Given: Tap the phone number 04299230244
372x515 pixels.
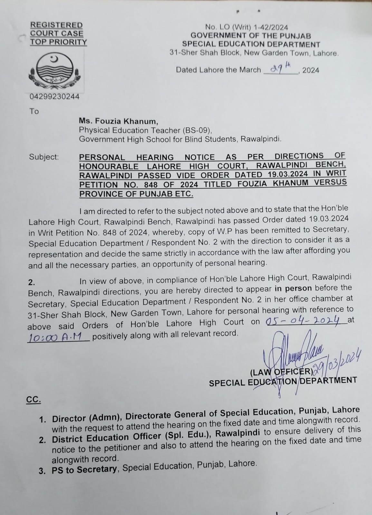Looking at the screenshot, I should (54, 96).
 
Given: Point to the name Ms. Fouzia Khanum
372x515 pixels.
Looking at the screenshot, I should (119, 121).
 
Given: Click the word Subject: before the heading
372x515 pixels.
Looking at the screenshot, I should (44, 157).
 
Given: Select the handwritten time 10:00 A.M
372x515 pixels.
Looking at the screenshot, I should (58, 337).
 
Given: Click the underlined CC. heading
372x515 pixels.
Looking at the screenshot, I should (33, 400).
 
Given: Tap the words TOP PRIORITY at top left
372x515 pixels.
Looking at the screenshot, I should (59, 42).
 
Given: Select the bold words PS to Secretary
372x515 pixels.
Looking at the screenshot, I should (84, 470).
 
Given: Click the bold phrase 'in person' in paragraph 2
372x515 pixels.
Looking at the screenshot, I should (293, 288).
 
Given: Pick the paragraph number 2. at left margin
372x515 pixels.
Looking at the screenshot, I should (32, 282).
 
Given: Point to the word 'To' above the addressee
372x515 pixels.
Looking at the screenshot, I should (34, 111).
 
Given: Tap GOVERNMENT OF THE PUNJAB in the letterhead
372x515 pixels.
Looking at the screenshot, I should (251, 36).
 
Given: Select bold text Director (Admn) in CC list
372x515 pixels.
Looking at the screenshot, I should (87, 418).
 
